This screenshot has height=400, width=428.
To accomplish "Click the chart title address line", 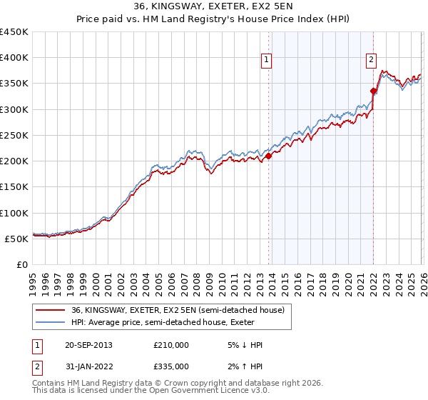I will (x=213, y=7).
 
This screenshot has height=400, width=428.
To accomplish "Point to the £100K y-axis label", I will (x=14, y=213).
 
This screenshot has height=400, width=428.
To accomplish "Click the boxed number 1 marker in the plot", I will (x=266, y=61).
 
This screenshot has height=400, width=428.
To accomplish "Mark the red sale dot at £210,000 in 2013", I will (x=268, y=156).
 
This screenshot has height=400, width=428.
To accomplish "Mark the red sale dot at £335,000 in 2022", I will (x=373, y=91).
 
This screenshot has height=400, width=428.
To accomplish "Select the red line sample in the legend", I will (x=51, y=310).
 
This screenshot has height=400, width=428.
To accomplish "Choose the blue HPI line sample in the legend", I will (x=51, y=322).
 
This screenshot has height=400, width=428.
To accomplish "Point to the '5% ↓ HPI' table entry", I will (x=244, y=345).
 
